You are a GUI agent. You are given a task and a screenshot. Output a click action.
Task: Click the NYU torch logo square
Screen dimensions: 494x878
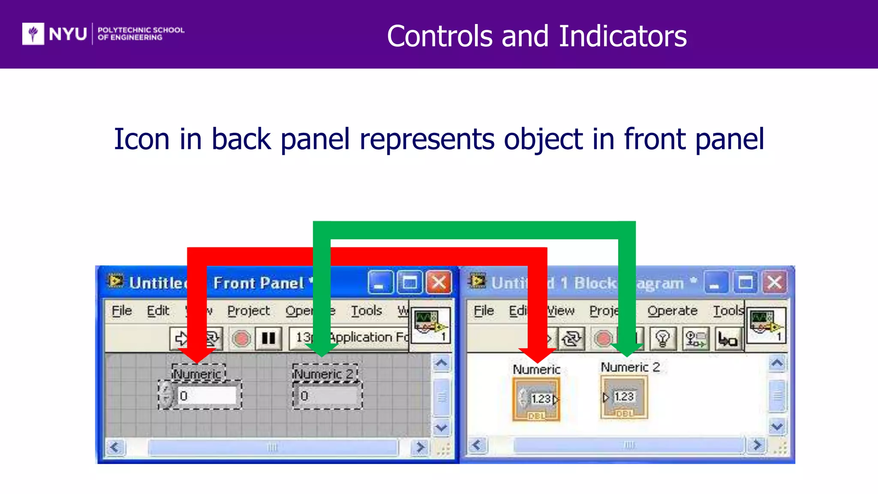(33, 33)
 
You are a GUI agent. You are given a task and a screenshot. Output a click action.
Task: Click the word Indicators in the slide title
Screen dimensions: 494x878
(622, 36)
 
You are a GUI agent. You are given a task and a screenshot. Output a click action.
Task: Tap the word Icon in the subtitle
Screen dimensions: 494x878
(141, 139)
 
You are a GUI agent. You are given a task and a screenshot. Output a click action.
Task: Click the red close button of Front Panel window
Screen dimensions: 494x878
(439, 283)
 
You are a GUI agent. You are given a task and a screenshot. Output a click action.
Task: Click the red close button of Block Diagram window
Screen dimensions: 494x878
(774, 283)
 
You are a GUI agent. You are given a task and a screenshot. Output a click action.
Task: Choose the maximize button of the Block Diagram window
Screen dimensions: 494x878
(745, 283)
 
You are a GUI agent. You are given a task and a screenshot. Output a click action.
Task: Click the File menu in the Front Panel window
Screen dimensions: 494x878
(121, 310)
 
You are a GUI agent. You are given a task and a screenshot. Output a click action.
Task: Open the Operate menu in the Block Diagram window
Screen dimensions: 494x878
(672, 310)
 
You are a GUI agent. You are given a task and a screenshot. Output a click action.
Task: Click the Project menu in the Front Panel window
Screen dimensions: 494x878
(248, 310)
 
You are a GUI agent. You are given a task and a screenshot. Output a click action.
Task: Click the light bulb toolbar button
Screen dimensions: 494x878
(662, 339)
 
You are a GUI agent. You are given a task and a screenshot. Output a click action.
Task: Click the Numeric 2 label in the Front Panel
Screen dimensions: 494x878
(324, 374)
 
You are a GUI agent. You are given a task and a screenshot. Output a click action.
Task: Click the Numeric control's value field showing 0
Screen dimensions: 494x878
(207, 395)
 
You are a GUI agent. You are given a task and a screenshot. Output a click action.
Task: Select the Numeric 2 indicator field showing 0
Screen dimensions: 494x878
(328, 395)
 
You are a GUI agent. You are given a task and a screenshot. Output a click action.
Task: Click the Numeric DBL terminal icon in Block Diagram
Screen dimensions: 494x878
(536, 399)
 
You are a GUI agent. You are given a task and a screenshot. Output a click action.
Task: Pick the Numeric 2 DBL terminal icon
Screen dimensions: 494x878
(624, 398)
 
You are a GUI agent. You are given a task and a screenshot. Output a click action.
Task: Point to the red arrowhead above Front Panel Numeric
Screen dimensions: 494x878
(196, 354)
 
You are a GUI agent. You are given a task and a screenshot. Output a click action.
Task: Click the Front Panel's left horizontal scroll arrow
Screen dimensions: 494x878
(115, 447)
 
